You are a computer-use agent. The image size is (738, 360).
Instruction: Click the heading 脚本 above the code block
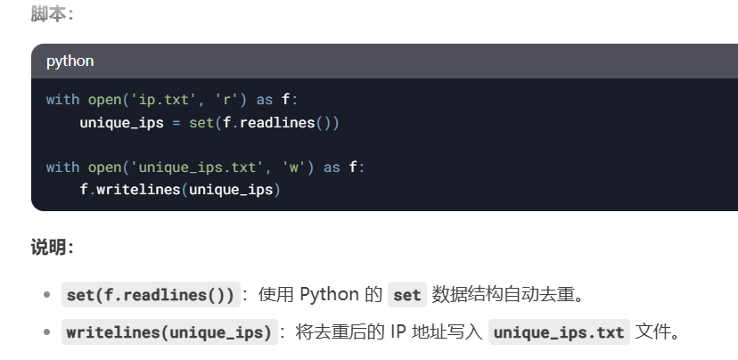52,13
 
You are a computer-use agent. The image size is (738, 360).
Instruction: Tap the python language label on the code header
70,61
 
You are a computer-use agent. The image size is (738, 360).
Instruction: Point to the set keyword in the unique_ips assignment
201,123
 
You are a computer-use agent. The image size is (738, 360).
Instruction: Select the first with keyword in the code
62,100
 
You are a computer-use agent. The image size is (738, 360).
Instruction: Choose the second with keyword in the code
62,167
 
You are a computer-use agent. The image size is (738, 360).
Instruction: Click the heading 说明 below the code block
52,248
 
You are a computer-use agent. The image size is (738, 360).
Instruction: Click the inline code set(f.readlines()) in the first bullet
151,295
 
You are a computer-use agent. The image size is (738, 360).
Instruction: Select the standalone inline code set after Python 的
406,295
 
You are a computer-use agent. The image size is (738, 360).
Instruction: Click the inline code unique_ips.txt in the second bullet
559,333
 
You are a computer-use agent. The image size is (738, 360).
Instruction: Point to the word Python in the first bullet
329,295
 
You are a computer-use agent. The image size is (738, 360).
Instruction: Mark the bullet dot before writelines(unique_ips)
46,333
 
